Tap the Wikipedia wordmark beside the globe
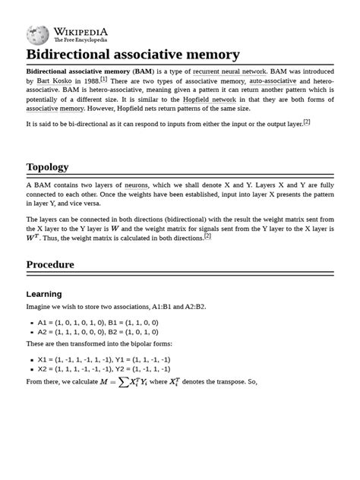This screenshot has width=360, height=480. coord(81,31)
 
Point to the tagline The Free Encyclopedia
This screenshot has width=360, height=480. coord(81,40)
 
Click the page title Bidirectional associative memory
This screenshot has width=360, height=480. coord(133,55)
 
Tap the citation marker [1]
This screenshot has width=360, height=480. coord(104,79)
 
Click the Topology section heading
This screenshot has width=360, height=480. coord(47,166)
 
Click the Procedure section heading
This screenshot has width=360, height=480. coord(50,265)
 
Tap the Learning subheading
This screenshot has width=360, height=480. coord(44,294)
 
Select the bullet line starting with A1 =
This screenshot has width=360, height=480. coord(98,323)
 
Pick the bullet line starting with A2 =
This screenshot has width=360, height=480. coord(98,333)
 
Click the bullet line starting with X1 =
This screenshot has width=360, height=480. coord(103,359)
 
